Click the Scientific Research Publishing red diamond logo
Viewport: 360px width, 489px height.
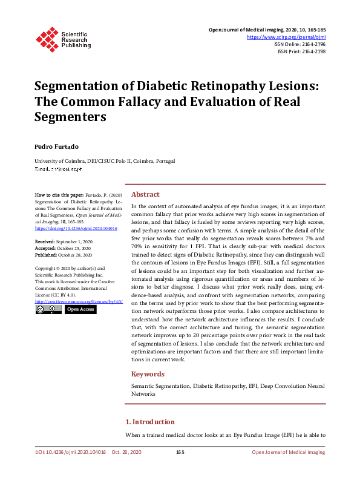(47, 38)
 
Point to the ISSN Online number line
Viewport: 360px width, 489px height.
(300, 44)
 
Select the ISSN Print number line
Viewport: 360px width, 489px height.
(301, 51)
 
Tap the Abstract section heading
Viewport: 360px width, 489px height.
(145, 194)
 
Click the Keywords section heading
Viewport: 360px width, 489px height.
(148, 373)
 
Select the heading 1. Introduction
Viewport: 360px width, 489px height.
(149, 422)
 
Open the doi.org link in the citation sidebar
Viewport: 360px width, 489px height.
(76, 229)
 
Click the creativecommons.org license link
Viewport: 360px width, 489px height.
(79, 301)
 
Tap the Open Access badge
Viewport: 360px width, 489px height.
(80, 309)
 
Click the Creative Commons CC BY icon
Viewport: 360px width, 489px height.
(48, 309)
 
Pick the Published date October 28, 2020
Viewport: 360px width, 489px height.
(68, 253)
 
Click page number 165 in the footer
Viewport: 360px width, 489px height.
(180, 452)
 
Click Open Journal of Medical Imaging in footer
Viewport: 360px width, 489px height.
(288, 452)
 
